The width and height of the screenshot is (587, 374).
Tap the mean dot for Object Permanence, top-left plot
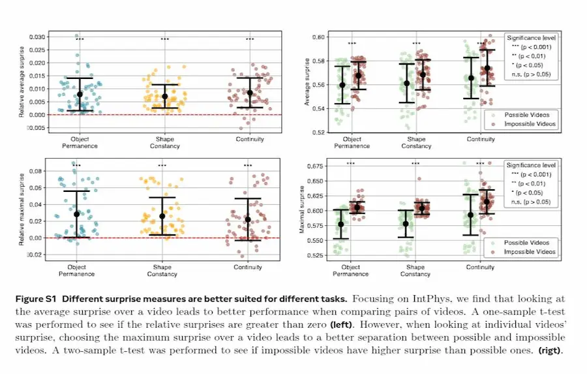tap(80, 95)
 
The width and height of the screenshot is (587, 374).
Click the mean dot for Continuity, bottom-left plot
tap(248, 220)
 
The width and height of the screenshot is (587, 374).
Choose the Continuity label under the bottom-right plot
tap(481, 267)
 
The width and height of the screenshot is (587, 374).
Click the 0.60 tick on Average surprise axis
tap(319, 37)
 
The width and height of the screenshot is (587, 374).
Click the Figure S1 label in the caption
tap(35, 298)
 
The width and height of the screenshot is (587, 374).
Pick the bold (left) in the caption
tap(342, 324)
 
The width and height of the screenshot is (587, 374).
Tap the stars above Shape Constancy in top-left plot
tap(164, 39)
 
